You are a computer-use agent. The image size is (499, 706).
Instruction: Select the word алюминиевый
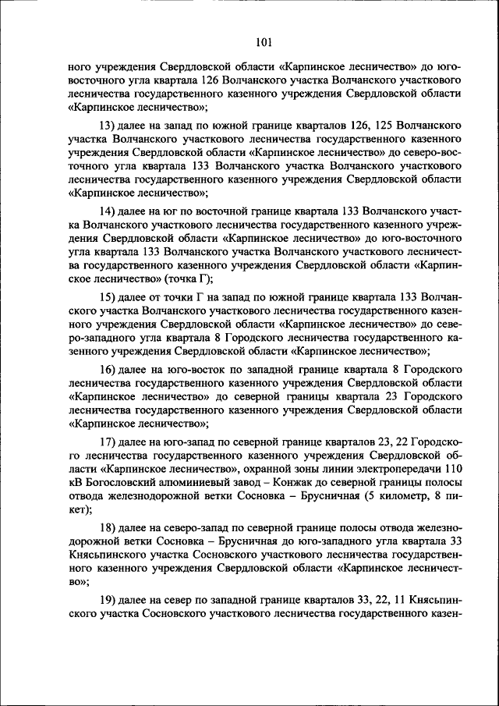coord(194,483)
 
